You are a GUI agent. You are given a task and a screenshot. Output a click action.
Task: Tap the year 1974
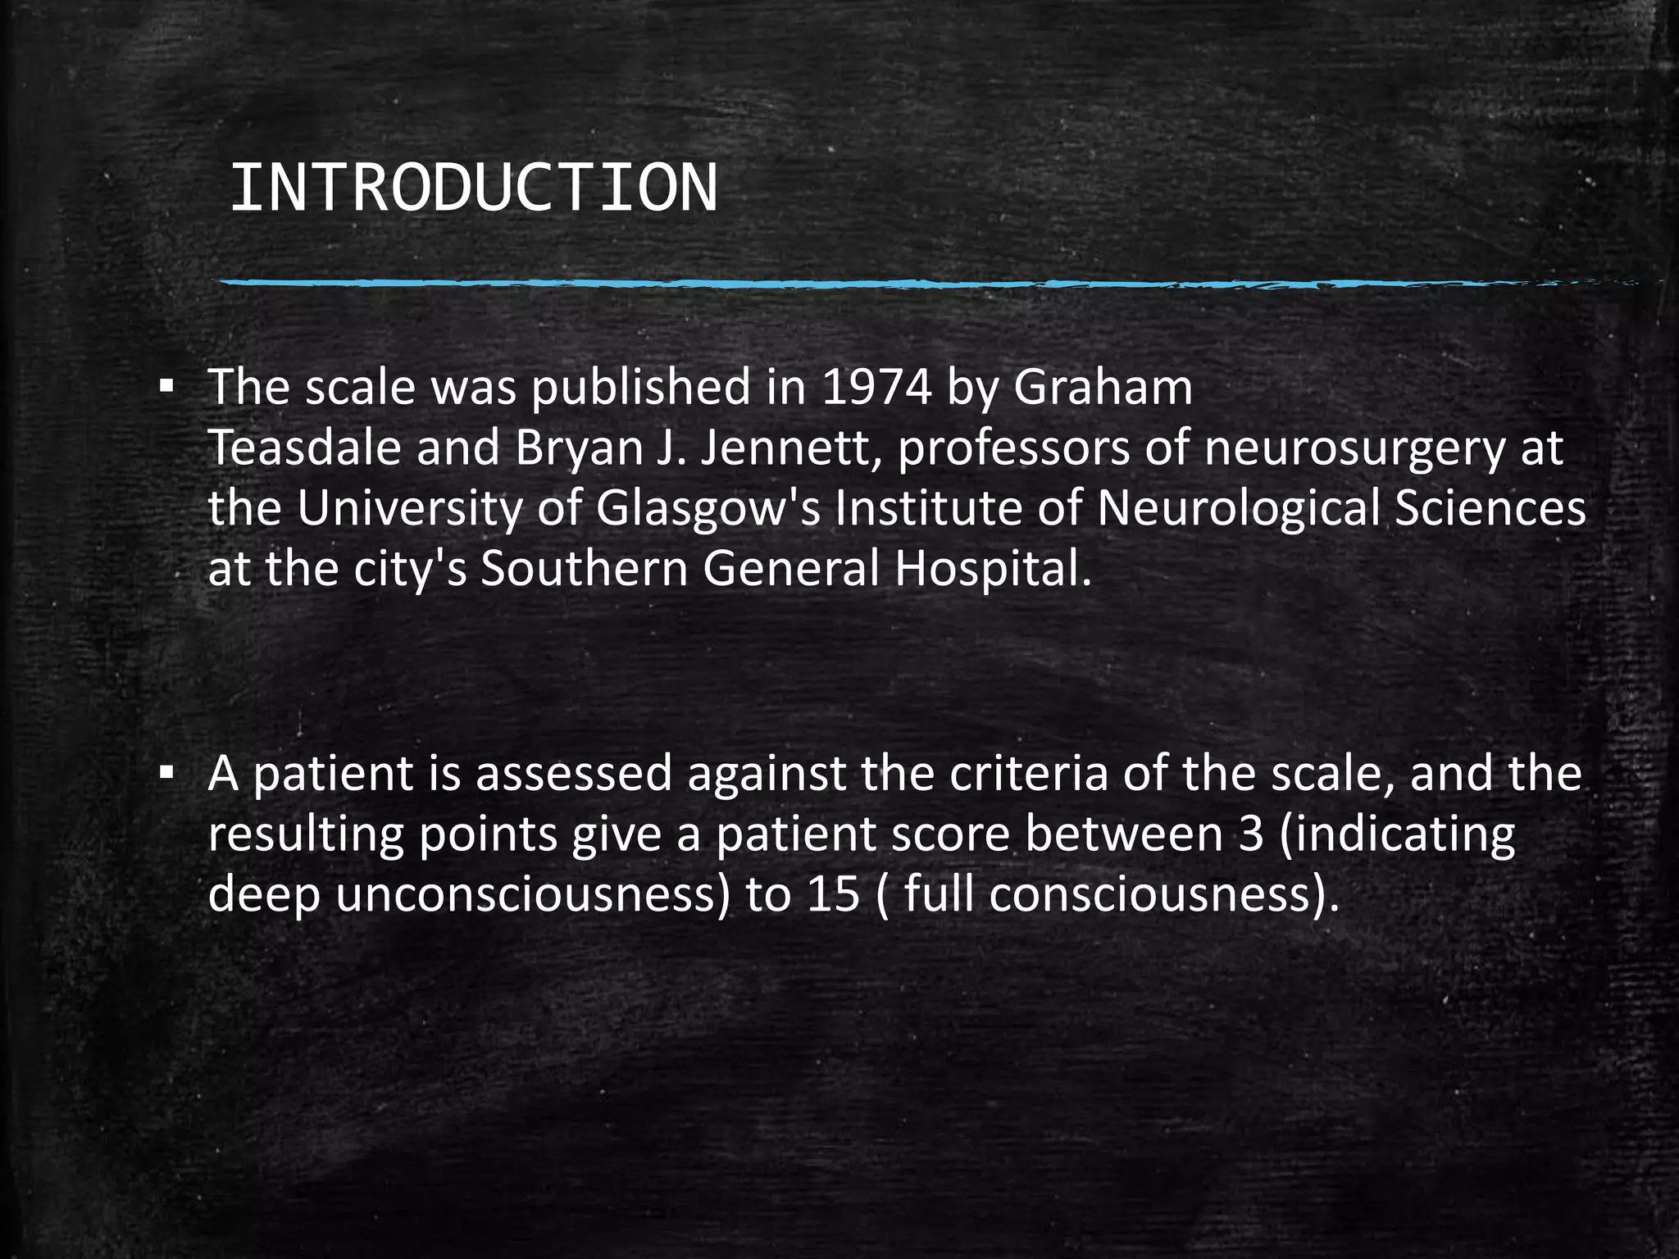point(876,387)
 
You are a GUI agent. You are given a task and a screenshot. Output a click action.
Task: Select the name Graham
point(1103,387)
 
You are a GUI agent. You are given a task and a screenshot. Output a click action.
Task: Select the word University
point(409,509)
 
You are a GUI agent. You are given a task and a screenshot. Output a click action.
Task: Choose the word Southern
point(584,569)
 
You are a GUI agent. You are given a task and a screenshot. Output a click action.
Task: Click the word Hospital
point(993,570)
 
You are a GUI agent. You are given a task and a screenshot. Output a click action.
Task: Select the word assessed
point(574,773)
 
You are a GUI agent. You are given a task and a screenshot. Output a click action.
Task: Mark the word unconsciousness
point(532,893)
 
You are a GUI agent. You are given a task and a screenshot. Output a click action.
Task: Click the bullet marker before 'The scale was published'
point(166,386)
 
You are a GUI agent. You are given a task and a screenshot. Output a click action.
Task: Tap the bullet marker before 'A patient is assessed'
point(166,772)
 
